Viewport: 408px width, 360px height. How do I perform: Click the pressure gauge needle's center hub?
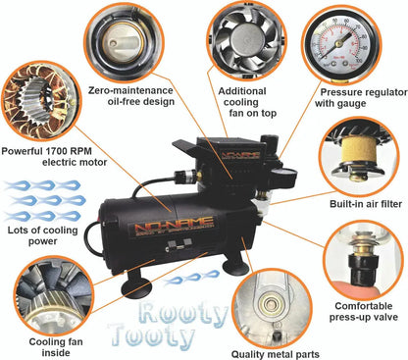point(339,42)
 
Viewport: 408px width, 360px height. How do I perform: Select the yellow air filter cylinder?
point(358,153)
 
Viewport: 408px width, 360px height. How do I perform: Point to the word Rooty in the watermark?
point(182,314)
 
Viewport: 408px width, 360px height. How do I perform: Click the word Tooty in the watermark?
point(152,335)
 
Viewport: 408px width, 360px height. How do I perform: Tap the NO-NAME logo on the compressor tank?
point(175,227)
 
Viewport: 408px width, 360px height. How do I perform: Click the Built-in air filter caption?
point(366,204)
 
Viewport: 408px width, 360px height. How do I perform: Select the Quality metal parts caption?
point(276,354)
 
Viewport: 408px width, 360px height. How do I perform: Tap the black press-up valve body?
point(360,272)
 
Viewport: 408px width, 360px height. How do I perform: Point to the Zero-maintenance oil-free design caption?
point(130,95)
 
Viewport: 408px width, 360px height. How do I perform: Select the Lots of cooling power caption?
point(42,235)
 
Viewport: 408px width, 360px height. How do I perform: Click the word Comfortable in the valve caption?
point(364,306)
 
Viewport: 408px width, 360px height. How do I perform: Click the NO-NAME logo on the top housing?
point(240,155)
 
